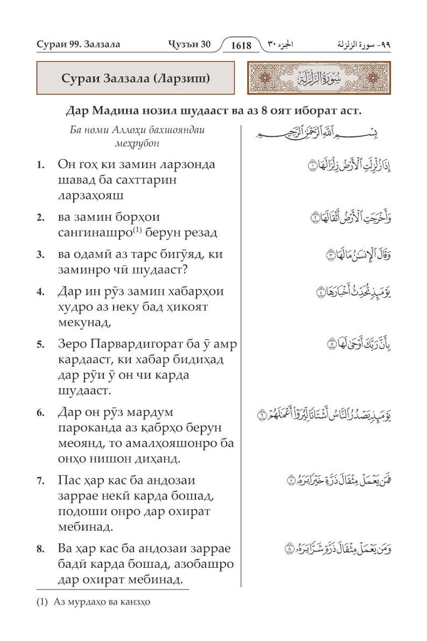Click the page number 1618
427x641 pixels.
240,45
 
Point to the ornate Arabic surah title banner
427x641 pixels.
319,79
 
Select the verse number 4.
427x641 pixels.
40,292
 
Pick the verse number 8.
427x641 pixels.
40,549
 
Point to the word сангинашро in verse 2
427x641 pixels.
91,233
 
